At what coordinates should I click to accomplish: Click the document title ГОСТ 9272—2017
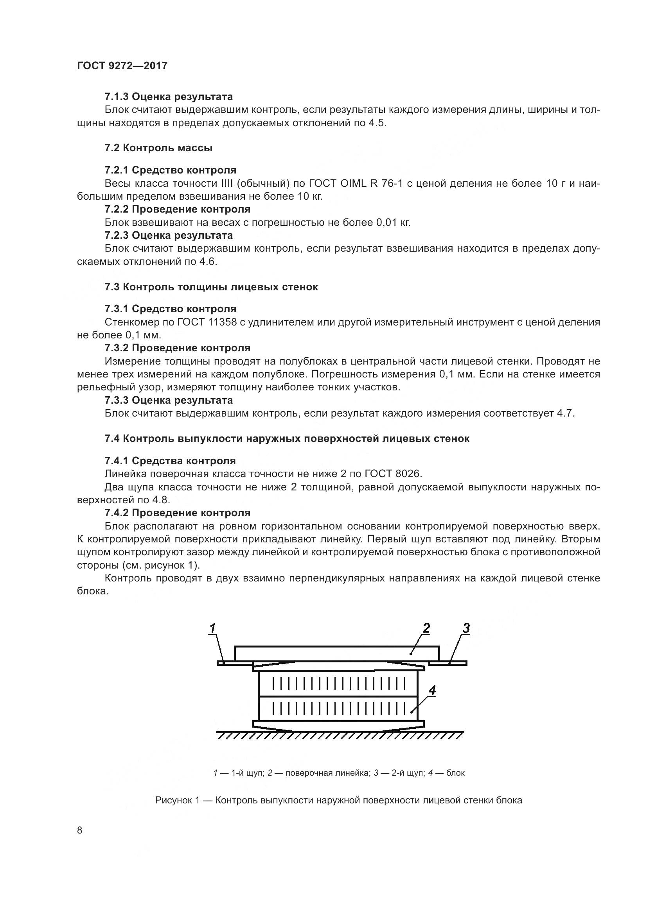[122, 66]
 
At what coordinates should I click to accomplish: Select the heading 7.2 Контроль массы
[158, 148]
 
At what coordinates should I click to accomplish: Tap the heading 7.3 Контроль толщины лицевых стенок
[211, 287]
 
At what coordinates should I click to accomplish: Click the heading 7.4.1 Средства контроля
[170, 461]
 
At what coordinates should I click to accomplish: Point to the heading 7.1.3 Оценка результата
[169, 97]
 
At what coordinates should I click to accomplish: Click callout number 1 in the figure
[213, 629]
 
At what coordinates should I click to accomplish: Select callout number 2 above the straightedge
[426, 629]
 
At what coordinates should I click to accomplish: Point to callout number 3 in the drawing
[466, 629]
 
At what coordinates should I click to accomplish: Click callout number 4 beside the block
[432, 690]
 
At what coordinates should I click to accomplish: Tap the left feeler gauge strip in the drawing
[234, 663]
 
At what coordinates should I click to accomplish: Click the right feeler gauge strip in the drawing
[448, 663]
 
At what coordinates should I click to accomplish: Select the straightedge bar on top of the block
[337, 653]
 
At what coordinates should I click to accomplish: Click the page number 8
[80, 830]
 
